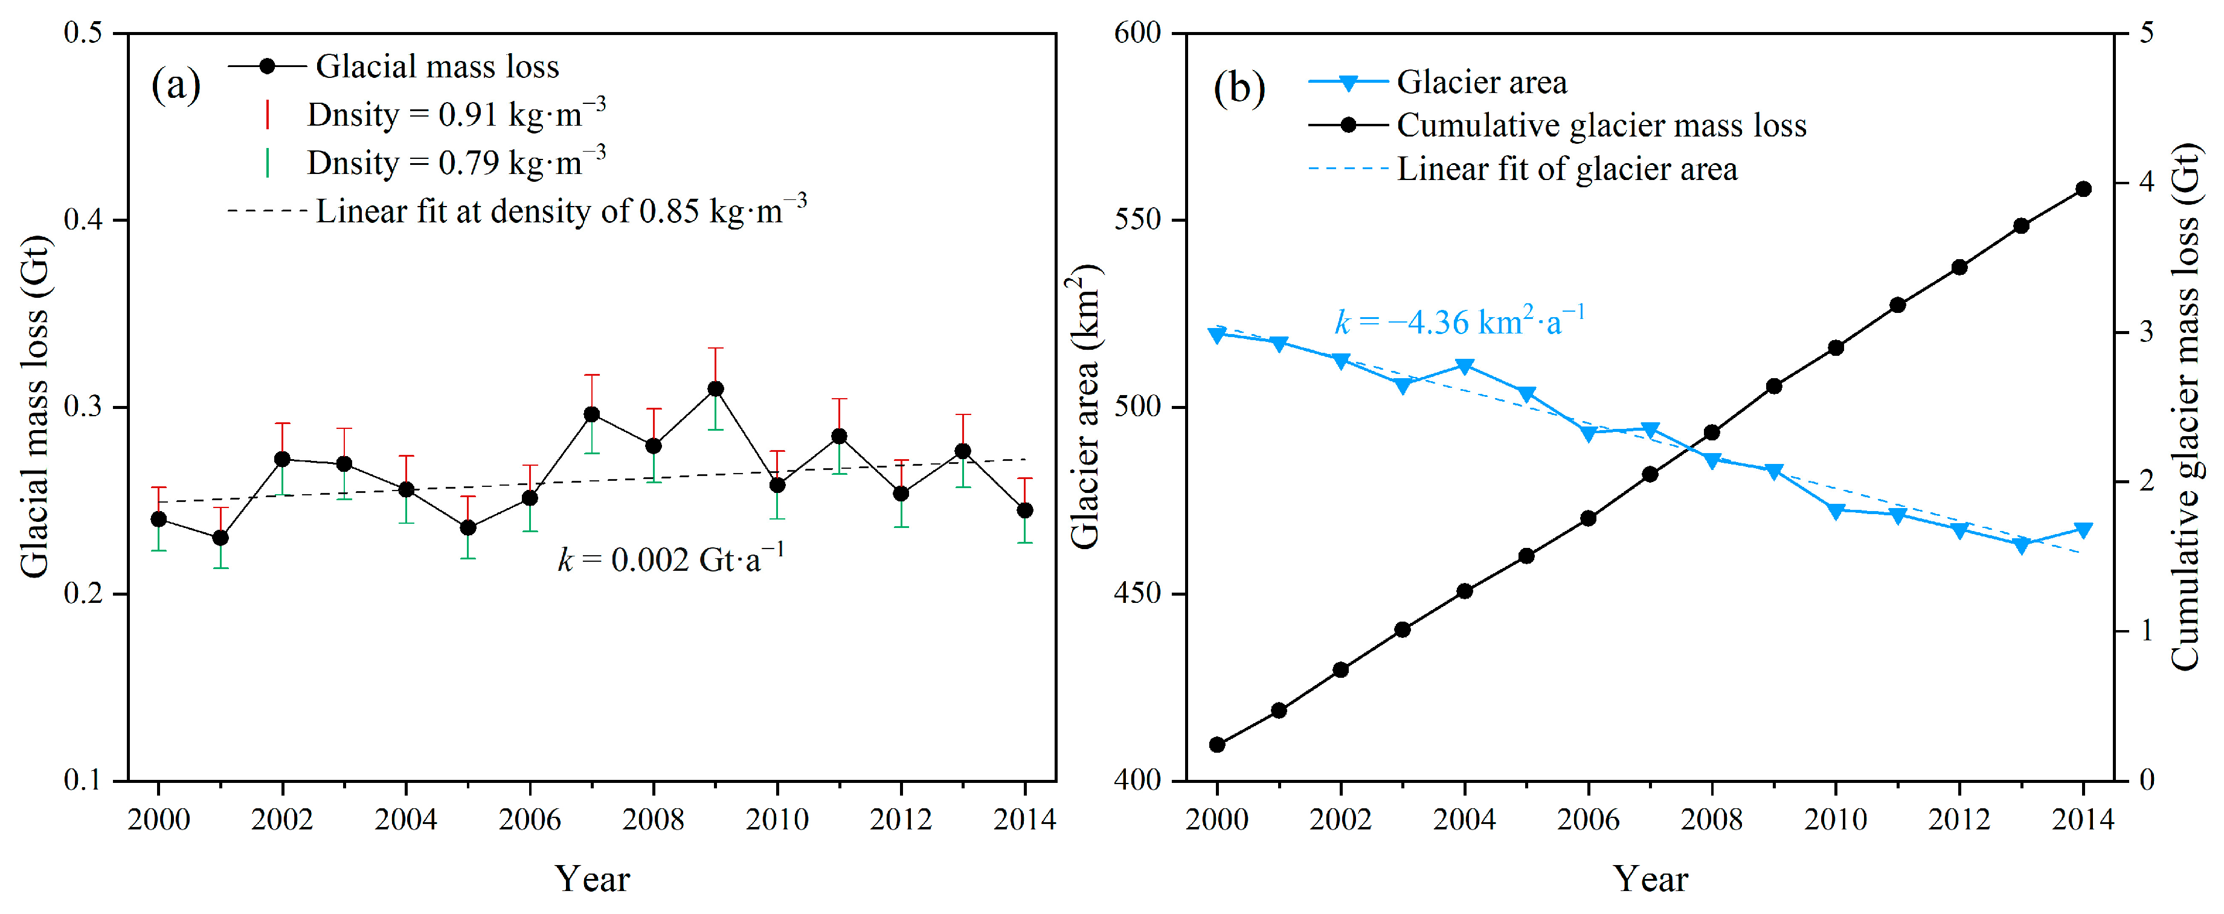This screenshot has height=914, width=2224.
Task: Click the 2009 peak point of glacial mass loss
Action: [716, 389]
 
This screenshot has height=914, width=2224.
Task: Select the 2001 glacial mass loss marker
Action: [220, 538]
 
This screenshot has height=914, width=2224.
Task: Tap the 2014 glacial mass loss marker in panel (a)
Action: [1025, 510]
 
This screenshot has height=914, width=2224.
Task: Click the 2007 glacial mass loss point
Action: [591, 414]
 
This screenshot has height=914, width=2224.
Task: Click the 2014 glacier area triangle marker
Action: [2083, 530]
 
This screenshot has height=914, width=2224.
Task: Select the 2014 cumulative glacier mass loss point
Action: [2083, 189]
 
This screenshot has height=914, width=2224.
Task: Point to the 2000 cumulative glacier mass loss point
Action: [1217, 744]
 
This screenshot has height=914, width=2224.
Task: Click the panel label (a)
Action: [176, 85]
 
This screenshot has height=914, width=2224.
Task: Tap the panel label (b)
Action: [1239, 88]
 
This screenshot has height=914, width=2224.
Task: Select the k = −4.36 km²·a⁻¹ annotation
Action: [1460, 320]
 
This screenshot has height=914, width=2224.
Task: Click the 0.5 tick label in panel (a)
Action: [83, 33]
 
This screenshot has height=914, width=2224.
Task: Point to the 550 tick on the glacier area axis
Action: [1138, 220]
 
